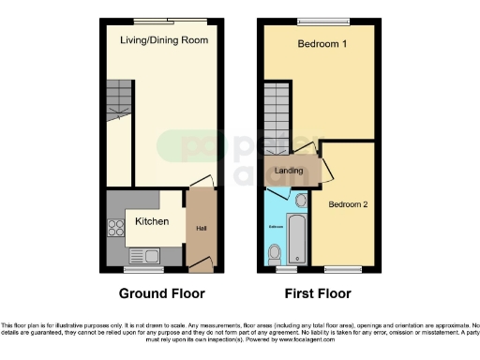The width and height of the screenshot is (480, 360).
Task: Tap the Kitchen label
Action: (x=152, y=222)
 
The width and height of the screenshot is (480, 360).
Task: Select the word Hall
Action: (x=201, y=228)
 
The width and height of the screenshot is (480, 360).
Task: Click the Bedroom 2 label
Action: (x=347, y=203)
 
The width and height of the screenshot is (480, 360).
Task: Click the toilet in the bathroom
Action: (x=274, y=252)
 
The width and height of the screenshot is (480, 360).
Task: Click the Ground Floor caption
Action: (x=161, y=293)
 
